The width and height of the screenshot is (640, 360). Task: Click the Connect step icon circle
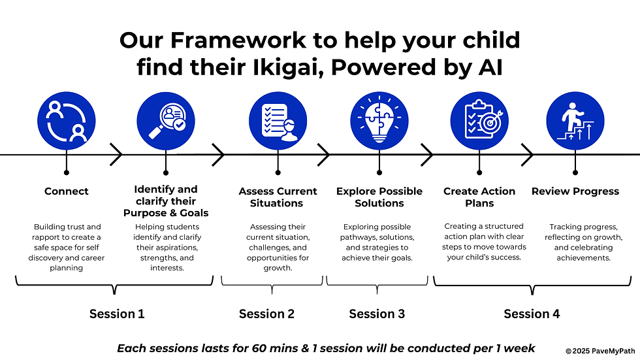67,121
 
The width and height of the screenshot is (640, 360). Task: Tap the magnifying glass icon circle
166,121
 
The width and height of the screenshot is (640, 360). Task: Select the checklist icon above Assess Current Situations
278,121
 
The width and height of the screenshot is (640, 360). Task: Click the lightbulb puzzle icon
379,121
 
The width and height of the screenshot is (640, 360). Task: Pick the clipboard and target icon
479,121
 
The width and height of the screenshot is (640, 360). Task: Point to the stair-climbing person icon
575,121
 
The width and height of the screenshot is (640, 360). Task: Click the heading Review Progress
575,191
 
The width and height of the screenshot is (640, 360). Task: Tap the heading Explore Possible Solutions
379,197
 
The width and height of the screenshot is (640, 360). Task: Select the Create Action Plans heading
479,197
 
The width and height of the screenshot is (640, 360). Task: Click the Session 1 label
117,314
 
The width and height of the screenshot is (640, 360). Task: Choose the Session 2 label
266,314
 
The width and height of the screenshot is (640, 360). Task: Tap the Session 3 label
377,314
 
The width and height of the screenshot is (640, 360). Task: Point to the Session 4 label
532,314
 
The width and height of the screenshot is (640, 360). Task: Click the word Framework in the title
238,41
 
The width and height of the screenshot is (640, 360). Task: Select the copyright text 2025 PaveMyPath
603,351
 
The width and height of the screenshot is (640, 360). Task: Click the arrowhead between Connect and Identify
116,155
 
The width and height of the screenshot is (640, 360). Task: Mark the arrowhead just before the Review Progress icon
528,155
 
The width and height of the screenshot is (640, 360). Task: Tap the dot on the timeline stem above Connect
67,172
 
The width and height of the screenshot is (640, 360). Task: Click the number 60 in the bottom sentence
259,348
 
